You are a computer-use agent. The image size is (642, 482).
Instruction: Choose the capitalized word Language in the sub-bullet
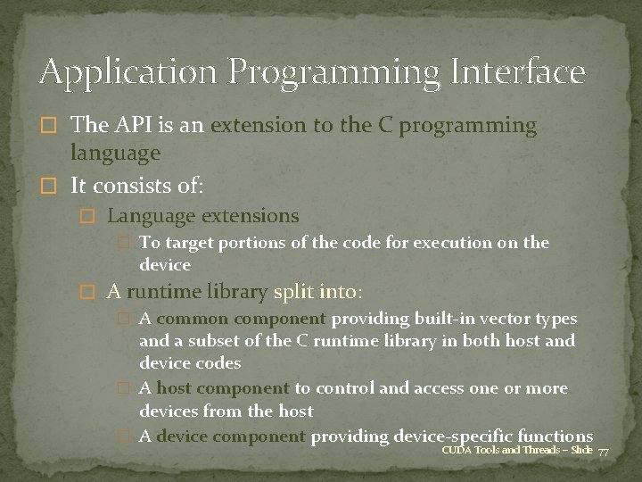tap(147, 216)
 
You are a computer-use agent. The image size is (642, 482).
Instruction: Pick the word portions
tap(232, 243)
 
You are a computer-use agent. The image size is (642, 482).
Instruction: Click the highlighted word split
tap(293, 292)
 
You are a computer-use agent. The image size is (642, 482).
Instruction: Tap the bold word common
tap(190, 319)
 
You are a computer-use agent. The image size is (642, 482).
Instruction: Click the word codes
tap(218, 363)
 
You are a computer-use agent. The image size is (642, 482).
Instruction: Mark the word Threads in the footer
tap(542, 451)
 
